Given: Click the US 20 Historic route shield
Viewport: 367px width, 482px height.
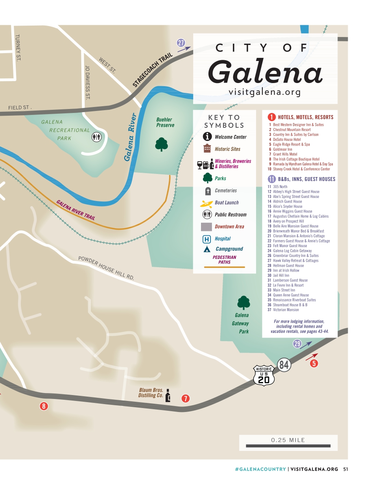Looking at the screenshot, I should (x=264, y=375).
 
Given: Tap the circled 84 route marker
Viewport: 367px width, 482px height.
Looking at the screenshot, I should (x=284, y=365).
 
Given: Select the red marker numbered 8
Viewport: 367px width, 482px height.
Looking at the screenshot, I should (x=44, y=406).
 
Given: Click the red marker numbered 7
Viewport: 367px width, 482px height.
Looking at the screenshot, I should (x=186, y=399).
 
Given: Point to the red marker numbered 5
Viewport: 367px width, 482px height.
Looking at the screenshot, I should (x=314, y=364).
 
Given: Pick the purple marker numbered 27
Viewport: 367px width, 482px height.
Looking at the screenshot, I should (x=181, y=43).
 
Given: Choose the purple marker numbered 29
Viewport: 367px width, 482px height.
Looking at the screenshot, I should (x=297, y=344).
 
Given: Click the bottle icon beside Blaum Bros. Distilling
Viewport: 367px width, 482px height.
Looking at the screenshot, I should (x=168, y=395).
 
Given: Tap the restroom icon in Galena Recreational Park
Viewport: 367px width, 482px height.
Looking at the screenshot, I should (x=97, y=137).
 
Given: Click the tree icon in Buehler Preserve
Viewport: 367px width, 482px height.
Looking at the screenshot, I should (x=161, y=144).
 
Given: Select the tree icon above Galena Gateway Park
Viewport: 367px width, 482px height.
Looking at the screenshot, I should (x=243, y=303).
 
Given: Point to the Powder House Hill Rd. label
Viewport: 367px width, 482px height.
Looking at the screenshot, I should (x=106, y=268).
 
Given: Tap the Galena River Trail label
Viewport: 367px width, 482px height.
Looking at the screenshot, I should (x=76, y=210).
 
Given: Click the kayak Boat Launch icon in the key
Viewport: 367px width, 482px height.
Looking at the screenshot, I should (x=207, y=203).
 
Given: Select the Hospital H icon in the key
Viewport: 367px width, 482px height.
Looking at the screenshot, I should (x=207, y=239).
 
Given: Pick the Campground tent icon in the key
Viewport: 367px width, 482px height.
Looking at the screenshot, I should (x=207, y=249).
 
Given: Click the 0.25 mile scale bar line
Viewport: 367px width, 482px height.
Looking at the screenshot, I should (x=288, y=446).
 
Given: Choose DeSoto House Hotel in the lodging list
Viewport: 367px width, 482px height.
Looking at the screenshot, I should (x=287, y=139).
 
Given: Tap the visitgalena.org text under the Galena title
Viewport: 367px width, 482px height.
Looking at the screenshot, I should (x=264, y=92).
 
